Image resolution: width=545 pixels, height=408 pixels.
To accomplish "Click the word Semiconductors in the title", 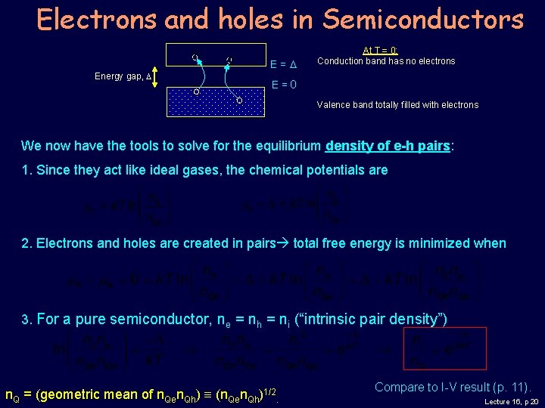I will point(423,19).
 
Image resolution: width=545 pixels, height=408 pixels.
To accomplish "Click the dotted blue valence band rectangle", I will point(216,101).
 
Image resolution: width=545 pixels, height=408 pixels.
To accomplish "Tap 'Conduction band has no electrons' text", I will point(386,61).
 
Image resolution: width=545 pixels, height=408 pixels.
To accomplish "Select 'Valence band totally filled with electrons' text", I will point(397,105).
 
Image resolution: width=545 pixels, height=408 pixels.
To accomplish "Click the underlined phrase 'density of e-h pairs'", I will point(388,146).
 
